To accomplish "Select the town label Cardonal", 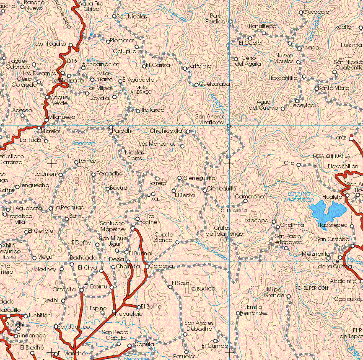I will pos(161,266).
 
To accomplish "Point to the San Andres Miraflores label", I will pos(210,119).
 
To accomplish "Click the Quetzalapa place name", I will pos(214,84).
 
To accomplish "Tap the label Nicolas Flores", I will pos(135,156).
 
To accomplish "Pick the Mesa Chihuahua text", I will pos(331,156).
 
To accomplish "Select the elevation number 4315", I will pos(71,62).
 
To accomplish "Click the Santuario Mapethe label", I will pos(112,226).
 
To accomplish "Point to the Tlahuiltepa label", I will pos(262,26).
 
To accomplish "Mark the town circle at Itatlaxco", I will pos(138,111).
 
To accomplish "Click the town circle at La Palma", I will pos(184,68).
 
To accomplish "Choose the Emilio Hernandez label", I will pos(254,310).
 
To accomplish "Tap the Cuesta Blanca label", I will pos(163,237).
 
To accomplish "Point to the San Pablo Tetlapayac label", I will pos(287,239).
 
